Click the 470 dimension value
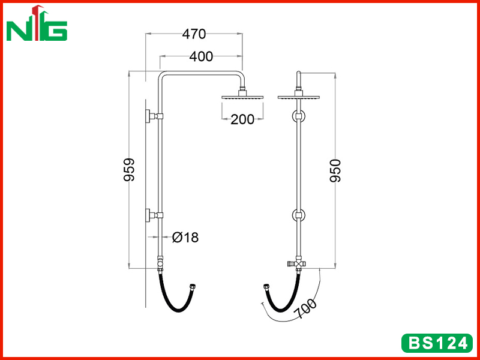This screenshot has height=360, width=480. pos(194,34)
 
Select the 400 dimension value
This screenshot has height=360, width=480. pos(201,56)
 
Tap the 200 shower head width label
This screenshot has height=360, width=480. pos(242,119)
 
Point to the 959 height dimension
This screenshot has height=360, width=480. pos(129,170)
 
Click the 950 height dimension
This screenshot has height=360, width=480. pos(335,171)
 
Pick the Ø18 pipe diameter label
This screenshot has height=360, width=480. pos(185,237)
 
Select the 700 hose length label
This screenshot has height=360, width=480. pos(305,308)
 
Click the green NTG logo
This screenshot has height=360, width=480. pos(37,23)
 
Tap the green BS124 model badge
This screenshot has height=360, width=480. pos(437,343)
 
